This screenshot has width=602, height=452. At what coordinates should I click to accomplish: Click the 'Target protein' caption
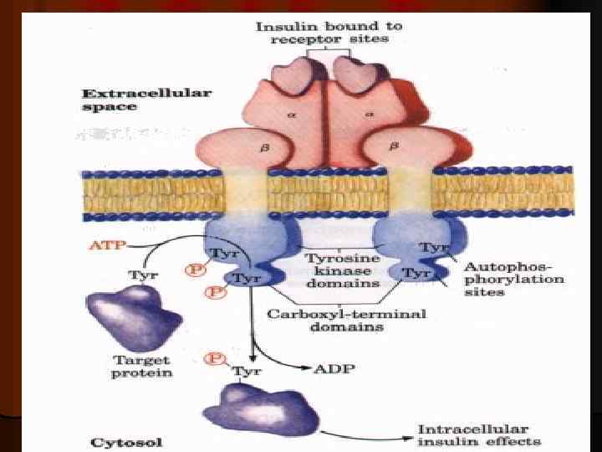tap(141, 366)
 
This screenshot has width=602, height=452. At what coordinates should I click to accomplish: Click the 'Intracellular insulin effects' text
tap(479, 435)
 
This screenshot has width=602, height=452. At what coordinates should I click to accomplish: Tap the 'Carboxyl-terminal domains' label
tap(346, 320)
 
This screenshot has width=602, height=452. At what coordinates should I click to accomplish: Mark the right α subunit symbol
tap(369, 117)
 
